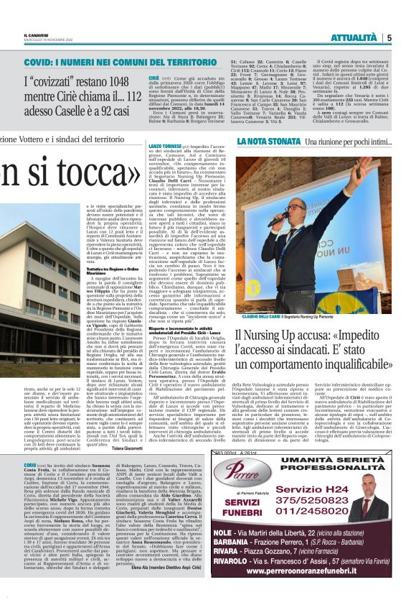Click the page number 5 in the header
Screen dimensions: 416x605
388,37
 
